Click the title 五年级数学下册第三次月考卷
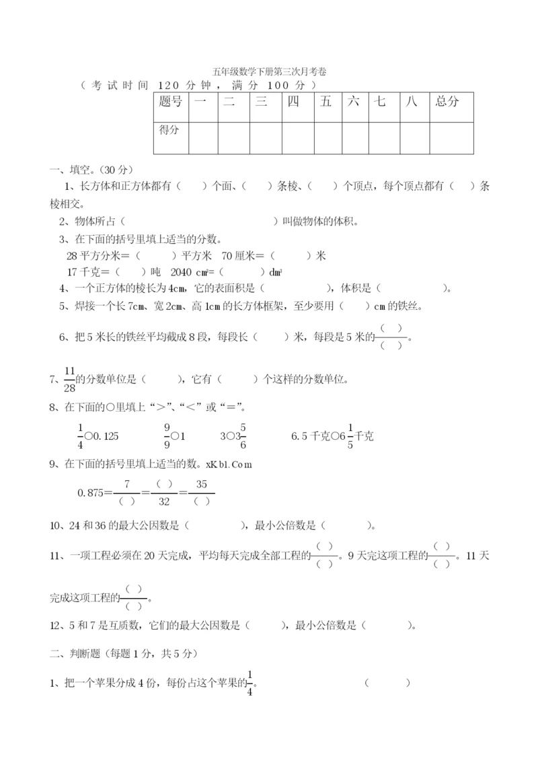coord(269,71)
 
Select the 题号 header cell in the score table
coord(171,102)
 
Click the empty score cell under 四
coord(297,138)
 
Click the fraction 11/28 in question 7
coord(69,379)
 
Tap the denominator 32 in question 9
coord(165,501)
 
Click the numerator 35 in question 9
coord(202,484)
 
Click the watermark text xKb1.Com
coord(229,464)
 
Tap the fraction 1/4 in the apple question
coord(249,682)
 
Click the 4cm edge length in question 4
coord(176,288)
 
